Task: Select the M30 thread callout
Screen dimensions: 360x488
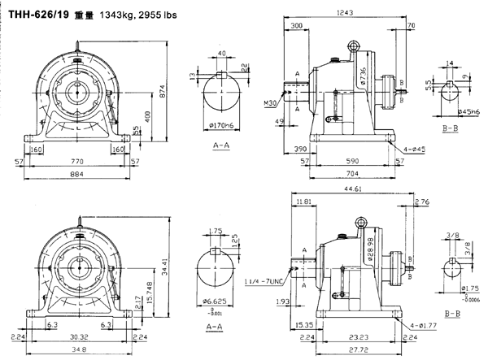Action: coord(270,104)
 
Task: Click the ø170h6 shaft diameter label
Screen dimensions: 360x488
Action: coord(223,125)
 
